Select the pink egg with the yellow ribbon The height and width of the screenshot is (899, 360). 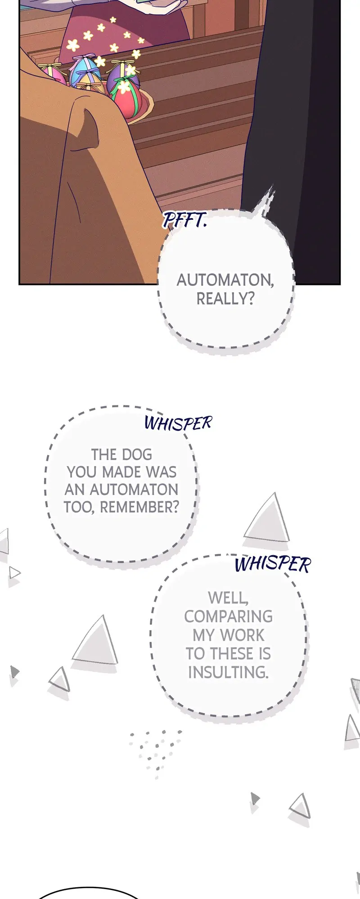[50, 72]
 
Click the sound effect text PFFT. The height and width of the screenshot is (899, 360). [184, 220]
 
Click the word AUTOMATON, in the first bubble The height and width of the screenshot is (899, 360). [225, 280]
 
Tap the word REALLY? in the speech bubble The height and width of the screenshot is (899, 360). [225, 298]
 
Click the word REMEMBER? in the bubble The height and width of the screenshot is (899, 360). [139, 507]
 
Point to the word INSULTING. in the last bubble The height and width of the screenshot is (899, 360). [228, 672]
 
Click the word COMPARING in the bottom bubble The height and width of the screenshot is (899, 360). [228, 616]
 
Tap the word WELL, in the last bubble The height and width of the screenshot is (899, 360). [228, 598]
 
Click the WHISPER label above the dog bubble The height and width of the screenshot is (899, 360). [178, 423]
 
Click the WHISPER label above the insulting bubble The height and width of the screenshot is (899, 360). [272, 564]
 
